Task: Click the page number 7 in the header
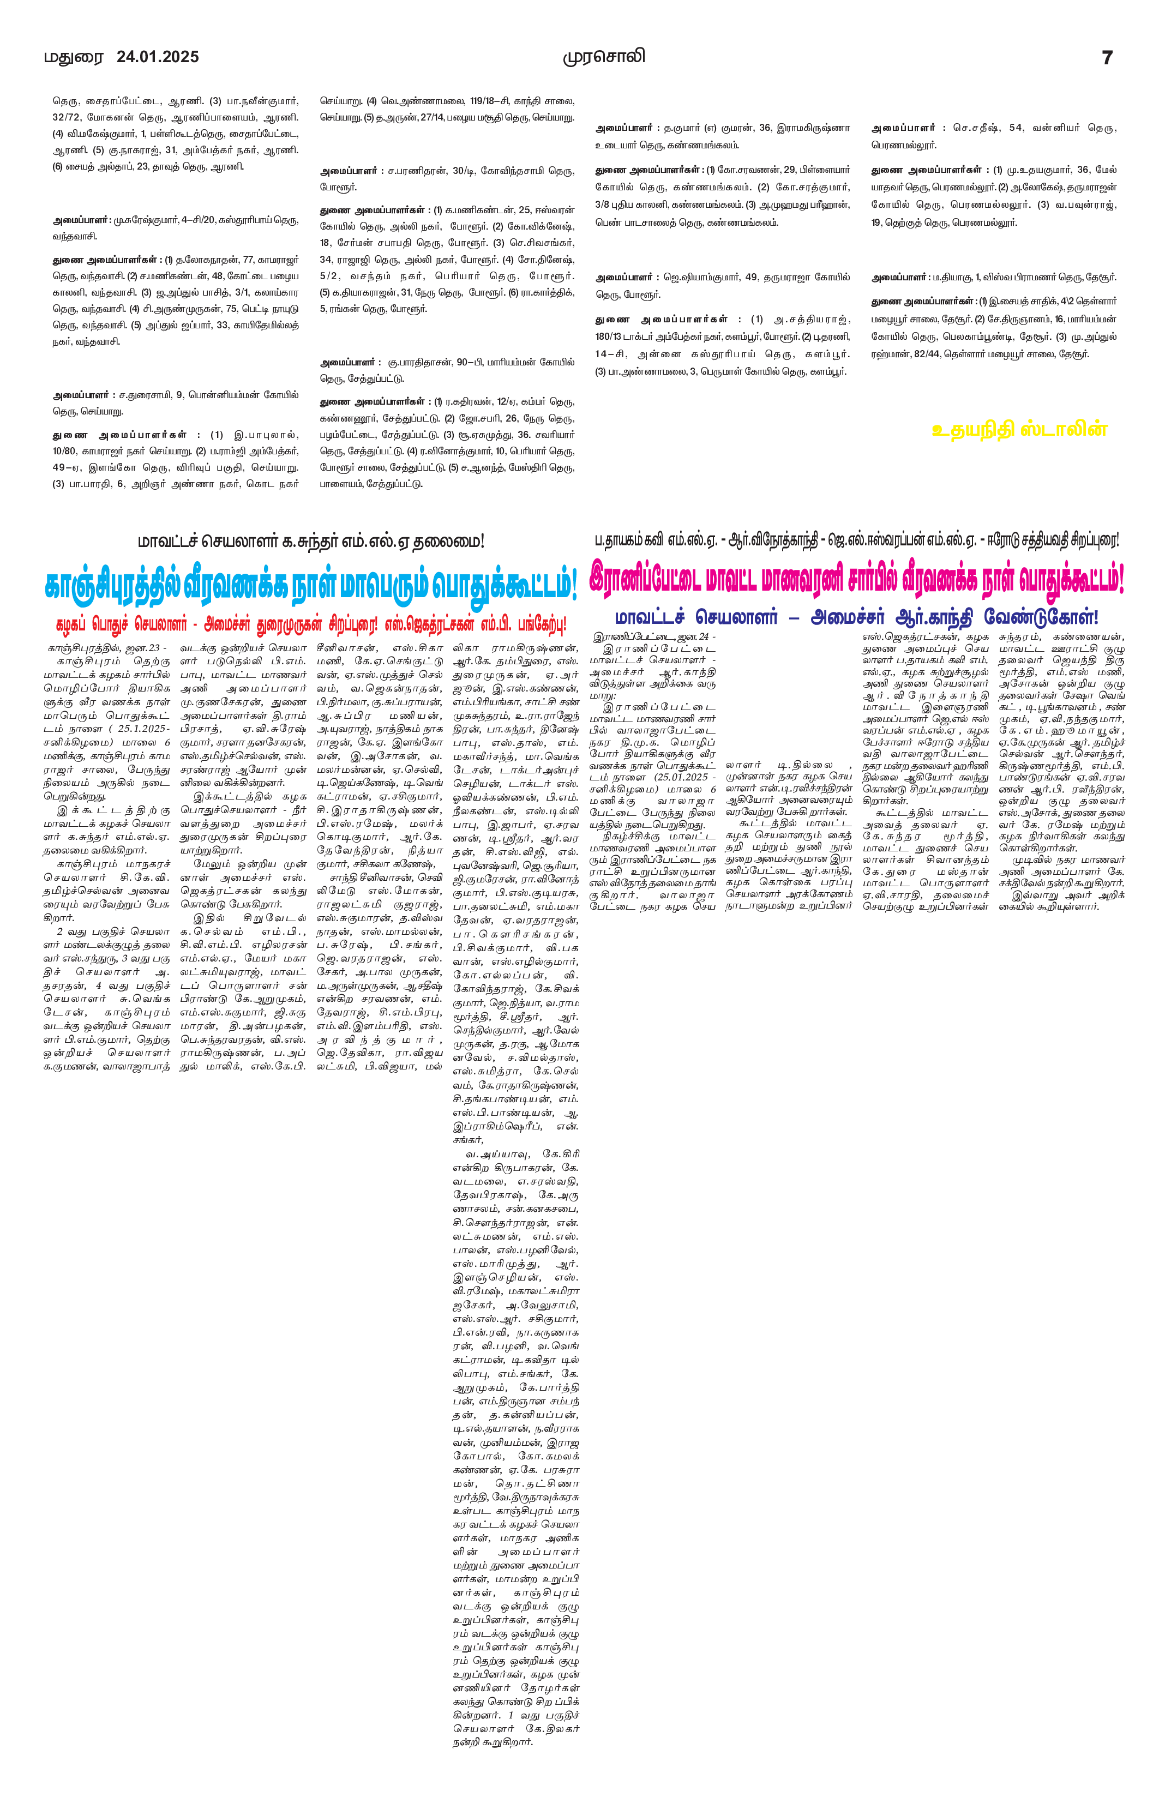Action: [x=1107, y=57]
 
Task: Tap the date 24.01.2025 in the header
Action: [x=158, y=57]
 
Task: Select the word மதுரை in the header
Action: [x=73, y=57]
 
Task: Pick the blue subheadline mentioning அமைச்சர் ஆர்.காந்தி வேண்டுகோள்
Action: [x=857, y=617]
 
